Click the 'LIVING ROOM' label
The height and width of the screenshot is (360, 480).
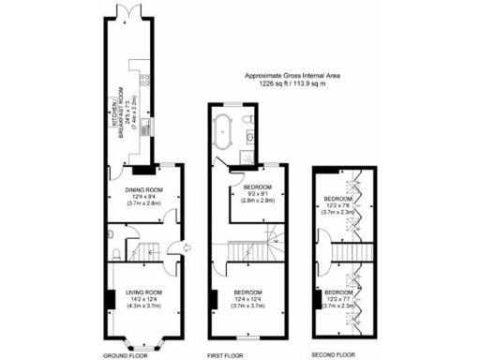(x=144, y=294)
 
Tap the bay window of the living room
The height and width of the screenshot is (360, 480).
(x=144, y=338)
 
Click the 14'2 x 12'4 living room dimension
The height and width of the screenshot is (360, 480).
(x=144, y=302)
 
